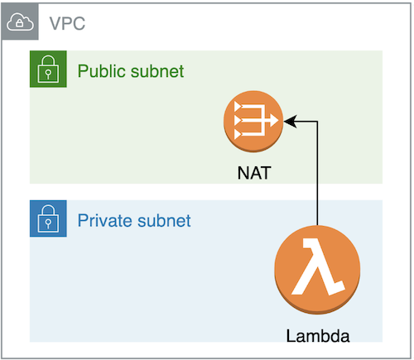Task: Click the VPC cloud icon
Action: click(x=20, y=22)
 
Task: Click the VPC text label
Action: click(x=67, y=23)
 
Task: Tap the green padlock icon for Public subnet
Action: click(x=48, y=69)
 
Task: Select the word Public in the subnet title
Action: click(x=102, y=71)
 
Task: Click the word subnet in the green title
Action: click(x=157, y=71)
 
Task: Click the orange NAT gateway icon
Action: click(x=253, y=122)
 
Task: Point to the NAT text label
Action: click(x=254, y=173)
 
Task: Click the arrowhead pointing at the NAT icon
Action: click(x=290, y=122)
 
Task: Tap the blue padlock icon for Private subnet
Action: click(x=48, y=218)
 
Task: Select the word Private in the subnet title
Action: click(x=105, y=221)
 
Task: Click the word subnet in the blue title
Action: click(x=164, y=221)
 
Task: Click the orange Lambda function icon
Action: click(x=317, y=270)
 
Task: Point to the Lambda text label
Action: click(x=318, y=336)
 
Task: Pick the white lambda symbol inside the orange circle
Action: click(x=317, y=267)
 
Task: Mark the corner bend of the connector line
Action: click(x=317, y=122)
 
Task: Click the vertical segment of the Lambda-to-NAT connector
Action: click(x=317, y=173)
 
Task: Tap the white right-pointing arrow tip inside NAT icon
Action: click(x=274, y=121)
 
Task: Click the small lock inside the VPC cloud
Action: click(x=19, y=23)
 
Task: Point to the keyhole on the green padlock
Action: click(x=48, y=74)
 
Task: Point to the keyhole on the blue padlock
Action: click(x=48, y=223)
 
